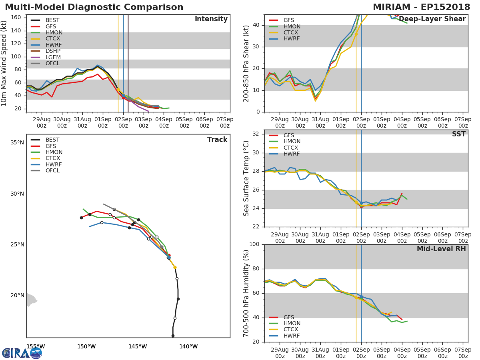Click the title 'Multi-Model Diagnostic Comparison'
[94, 7]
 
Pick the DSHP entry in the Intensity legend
[53, 51]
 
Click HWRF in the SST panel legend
[292, 154]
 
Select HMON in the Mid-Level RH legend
[292, 324]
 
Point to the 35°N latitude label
[17, 143]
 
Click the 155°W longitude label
[36, 346]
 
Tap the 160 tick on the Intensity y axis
[16, 18]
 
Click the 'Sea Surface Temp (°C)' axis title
[246, 178]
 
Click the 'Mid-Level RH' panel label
[441, 249]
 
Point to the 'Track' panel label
[217, 140]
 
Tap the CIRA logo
[22, 353]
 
